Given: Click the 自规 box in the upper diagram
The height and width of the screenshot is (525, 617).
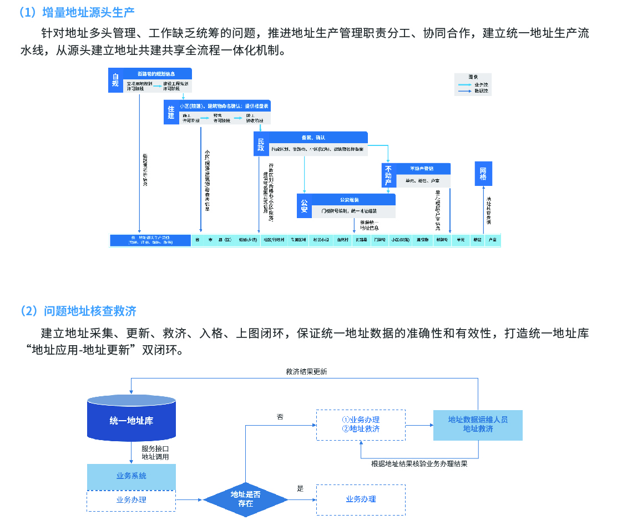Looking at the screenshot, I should pyautogui.click(x=115, y=80).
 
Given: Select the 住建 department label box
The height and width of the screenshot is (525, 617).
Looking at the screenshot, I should pyautogui.click(x=171, y=113).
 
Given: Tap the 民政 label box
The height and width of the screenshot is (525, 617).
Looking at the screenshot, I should pyautogui.click(x=261, y=144).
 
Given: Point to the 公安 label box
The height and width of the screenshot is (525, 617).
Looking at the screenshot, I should pyautogui.click(x=304, y=206).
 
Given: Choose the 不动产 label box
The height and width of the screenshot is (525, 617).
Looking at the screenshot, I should pyautogui.click(x=388, y=175).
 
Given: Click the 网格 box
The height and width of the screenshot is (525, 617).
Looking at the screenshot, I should pyautogui.click(x=483, y=174).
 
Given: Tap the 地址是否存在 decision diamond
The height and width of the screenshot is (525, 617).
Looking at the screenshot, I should pyautogui.click(x=245, y=499).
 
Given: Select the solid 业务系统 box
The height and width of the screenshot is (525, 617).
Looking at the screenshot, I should pyautogui.click(x=132, y=476).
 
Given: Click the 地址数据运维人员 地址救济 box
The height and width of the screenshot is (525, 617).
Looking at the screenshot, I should pyautogui.click(x=478, y=425).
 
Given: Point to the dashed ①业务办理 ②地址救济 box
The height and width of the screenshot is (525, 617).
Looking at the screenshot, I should pyautogui.click(x=361, y=425).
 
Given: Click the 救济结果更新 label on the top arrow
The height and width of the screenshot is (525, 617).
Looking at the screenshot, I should pyautogui.click(x=306, y=372).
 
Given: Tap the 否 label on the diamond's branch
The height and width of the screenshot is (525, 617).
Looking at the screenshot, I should pyautogui.click(x=280, y=416).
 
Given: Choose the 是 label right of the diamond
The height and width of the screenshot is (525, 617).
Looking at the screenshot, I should pyautogui.click(x=300, y=489).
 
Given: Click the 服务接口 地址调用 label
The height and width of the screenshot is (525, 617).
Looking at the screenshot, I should pyautogui.click(x=155, y=452).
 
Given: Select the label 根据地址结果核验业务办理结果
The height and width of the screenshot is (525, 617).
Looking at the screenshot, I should pyautogui.click(x=419, y=464).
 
